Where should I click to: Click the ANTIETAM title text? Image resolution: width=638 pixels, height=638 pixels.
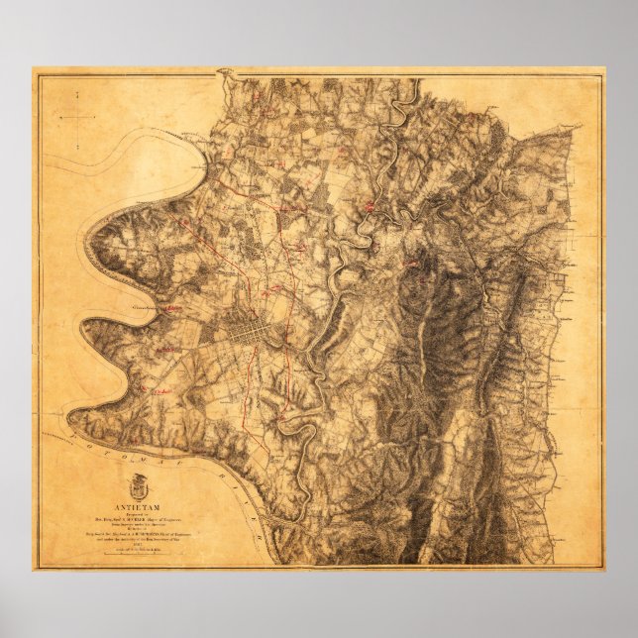click(x=139, y=507)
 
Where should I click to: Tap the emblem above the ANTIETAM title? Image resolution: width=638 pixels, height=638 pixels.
click(x=138, y=487)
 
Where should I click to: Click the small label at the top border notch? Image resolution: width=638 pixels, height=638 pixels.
click(x=224, y=71)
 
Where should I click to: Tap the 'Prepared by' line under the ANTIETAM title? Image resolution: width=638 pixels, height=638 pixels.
click(x=139, y=516)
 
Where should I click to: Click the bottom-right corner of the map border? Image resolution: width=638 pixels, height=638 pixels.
click(x=602, y=571)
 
